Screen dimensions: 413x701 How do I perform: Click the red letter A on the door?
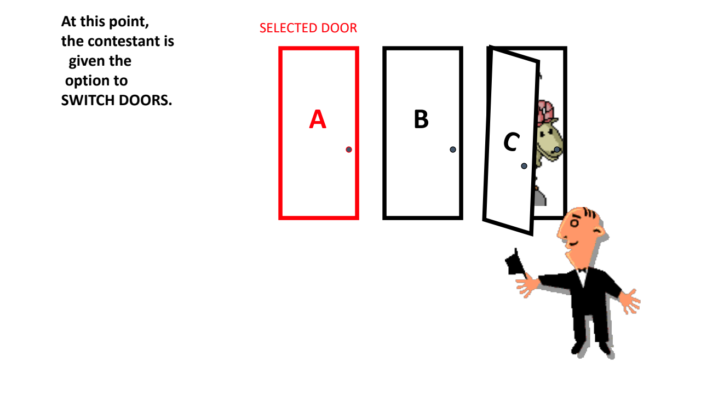pos(318,119)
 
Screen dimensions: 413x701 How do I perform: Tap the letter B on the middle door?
pos(421,119)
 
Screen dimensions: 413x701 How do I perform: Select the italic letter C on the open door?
pos(511,142)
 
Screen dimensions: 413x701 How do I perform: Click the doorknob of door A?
pos(349,150)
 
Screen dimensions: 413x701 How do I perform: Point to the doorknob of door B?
pos(453,150)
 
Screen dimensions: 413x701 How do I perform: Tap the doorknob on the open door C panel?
pos(524,166)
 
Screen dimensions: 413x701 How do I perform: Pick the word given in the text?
pos(84,61)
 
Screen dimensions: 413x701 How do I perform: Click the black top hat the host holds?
pos(514,263)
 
